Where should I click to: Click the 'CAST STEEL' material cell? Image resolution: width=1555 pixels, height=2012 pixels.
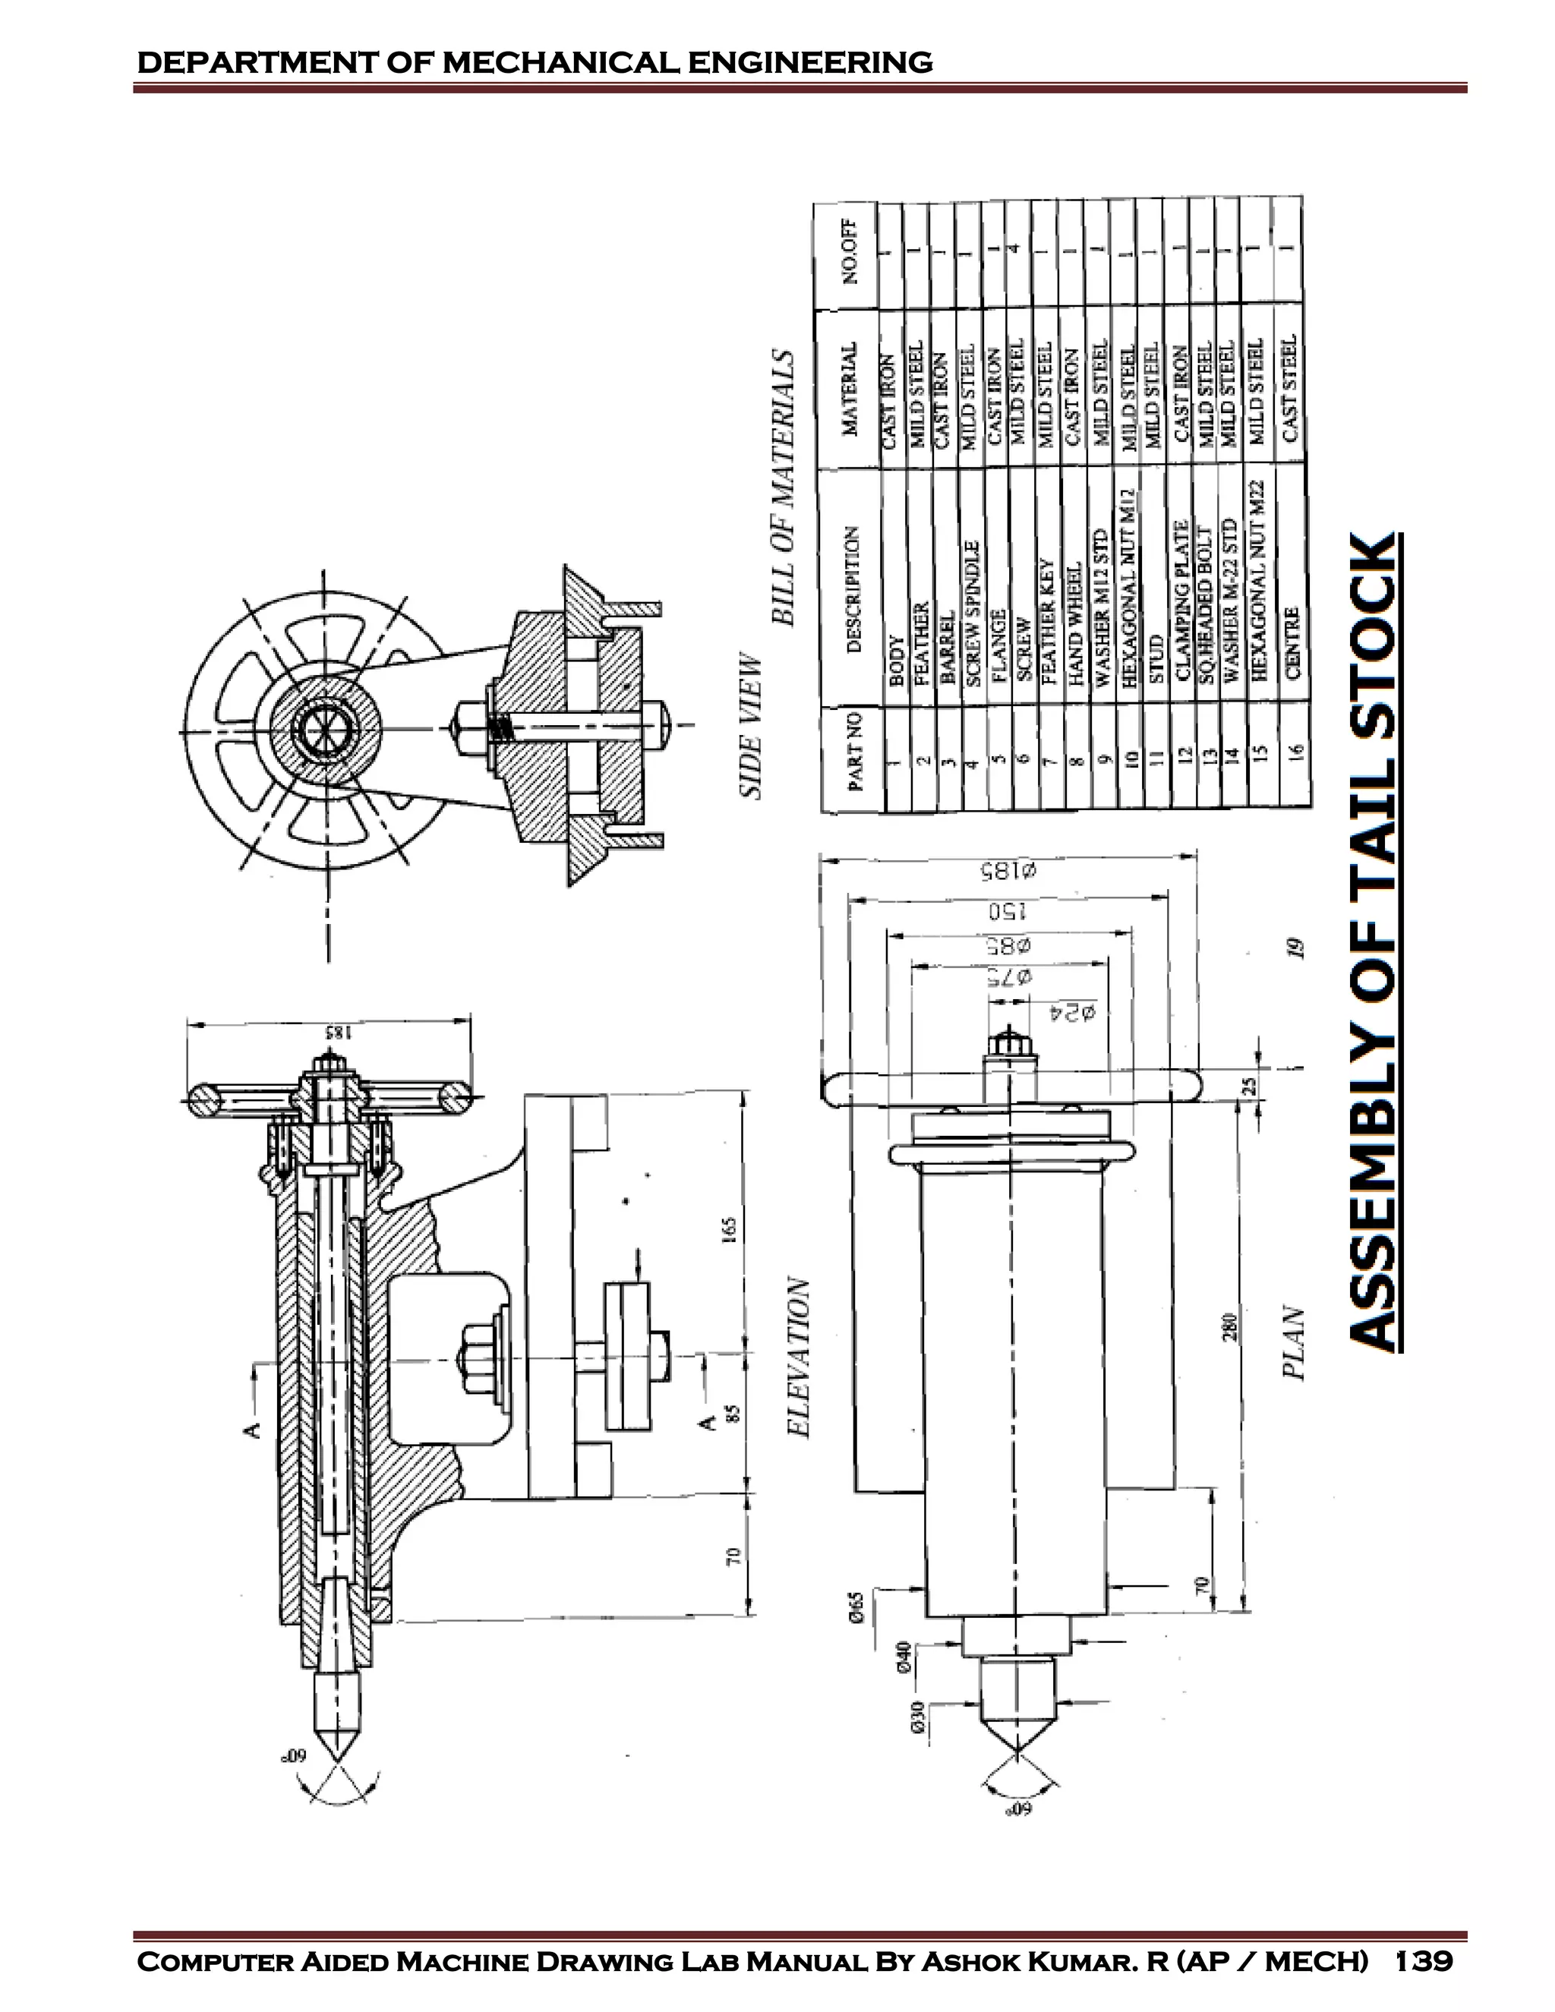click(x=1288, y=388)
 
